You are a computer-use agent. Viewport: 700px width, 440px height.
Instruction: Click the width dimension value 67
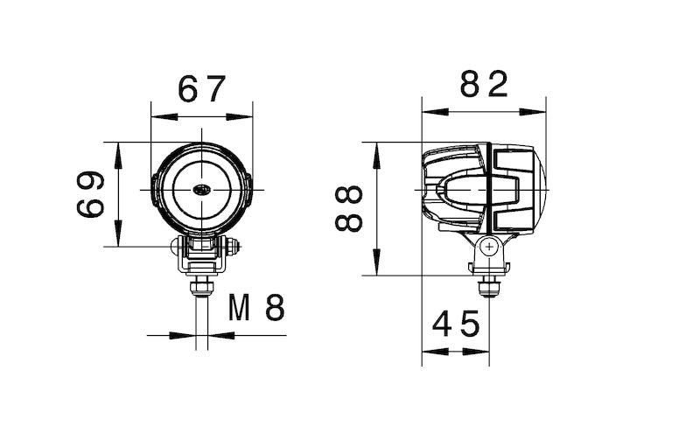point(202,88)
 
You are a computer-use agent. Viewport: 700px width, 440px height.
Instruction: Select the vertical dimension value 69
point(90,194)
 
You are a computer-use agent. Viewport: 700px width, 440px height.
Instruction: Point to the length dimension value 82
point(484,85)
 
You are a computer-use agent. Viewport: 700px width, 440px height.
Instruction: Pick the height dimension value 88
point(349,208)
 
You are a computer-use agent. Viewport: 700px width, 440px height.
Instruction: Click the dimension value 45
point(456,325)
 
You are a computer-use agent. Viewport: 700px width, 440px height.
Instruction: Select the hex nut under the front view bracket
point(202,286)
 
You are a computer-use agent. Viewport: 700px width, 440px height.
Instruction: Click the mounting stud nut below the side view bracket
point(488,285)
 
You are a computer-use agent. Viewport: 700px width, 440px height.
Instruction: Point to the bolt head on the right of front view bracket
point(234,248)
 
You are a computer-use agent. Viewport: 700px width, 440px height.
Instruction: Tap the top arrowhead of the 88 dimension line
point(377,150)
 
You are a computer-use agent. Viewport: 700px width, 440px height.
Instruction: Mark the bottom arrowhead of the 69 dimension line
point(117,238)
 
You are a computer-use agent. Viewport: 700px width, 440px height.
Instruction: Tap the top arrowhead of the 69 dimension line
point(117,150)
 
